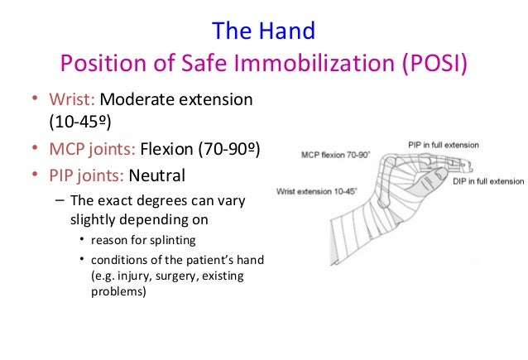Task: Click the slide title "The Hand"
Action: point(263,31)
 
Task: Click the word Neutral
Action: point(156,176)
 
